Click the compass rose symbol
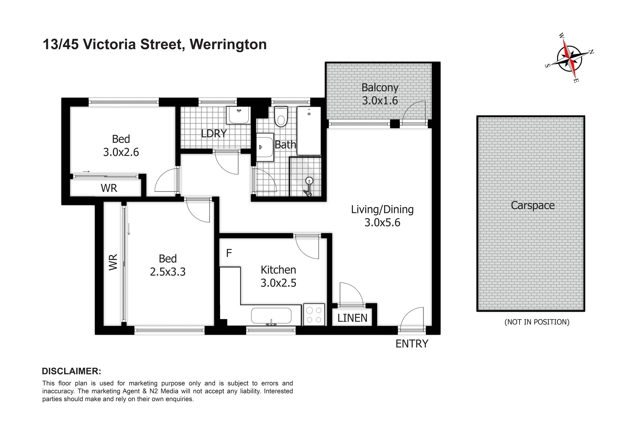pos(570,58)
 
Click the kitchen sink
pos(271,316)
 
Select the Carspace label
pos(533,205)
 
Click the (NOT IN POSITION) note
pos(537,322)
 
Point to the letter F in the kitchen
pos(229,253)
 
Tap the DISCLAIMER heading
pos(72,371)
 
